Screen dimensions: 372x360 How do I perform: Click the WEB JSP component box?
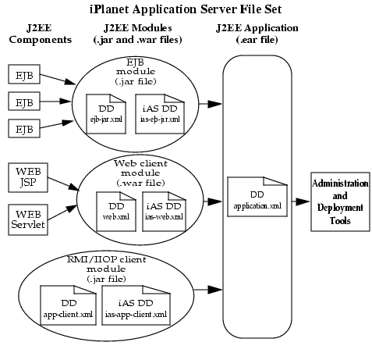click(x=28, y=177)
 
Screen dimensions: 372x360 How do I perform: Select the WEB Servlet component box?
click(x=28, y=219)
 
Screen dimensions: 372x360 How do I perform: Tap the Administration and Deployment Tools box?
click(x=340, y=201)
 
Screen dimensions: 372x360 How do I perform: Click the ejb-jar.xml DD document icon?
click(x=106, y=114)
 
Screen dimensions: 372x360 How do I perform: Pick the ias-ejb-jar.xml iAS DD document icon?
click(x=160, y=114)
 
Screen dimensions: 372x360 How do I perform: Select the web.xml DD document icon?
click(x=116, y=212)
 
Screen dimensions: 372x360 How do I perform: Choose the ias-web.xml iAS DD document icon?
click(x=164, y=212)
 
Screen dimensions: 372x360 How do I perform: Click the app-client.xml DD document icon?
click(x=68, y=305)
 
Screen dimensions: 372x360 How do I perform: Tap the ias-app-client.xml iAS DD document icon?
click(x=136, y=305)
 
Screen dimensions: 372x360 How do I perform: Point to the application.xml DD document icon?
click(x=257, y=197)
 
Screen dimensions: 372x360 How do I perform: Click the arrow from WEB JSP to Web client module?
click(x=63, y=184)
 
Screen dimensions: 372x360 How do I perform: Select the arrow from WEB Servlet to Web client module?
click(x=62, y=212)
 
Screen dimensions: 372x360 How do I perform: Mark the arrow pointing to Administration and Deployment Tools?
click(x=300, y=201)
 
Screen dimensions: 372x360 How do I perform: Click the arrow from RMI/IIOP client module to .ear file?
click(x=208, y=290)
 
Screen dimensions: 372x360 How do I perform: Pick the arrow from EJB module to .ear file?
click(x=210, y=104)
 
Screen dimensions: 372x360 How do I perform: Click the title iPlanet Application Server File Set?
click(x=186, y=9)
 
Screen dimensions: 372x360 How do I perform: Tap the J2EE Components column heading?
click(x=40, y=34)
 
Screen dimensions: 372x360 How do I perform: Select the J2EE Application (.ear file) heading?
click(x=257, y=34)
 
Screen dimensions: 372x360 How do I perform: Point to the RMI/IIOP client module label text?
click(x=107, y=269)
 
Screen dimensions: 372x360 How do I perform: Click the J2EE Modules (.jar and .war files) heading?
click(x=137, y=34)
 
